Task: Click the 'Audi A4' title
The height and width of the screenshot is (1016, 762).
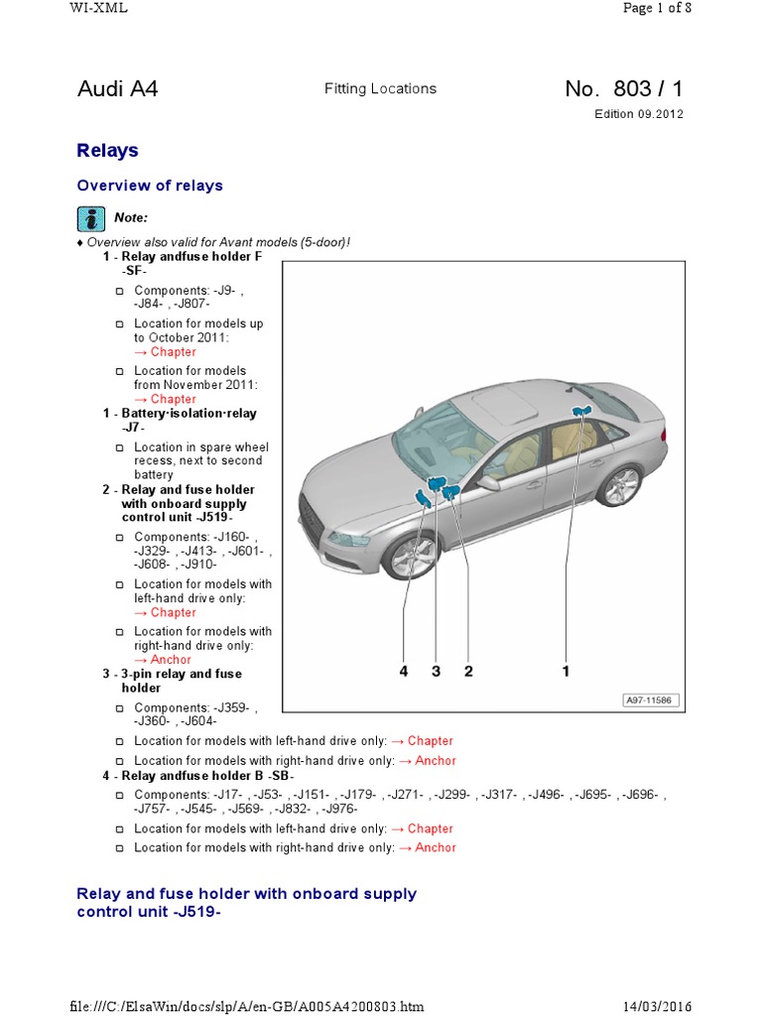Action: pyautogui.click(x=117, y=89)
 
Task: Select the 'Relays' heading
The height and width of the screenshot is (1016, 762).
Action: pyautogui.click(x=107, y=151)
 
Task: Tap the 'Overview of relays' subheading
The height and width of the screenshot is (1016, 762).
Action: pyautogui.click(x=150, y=186)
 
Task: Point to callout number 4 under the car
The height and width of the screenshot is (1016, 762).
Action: pyautogui.click(x=404, y=672)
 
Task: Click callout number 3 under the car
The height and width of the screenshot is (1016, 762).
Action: pyautogui.click(x=436, y=672)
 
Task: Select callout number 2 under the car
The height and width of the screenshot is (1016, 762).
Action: pyautogui.click(x=468, y=672)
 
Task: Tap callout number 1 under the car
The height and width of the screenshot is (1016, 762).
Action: pyautogui.click(x=567, y=672)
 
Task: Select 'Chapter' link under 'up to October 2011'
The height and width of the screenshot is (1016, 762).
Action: pyautogui.click(x=173, y=352)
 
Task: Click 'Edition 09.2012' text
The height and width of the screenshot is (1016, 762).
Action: pyautogui.click(x=638, y=114)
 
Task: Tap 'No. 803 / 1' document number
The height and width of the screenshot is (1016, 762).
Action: pyautogui.click(x=623, y=89)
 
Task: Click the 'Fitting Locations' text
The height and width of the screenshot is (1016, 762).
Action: pyautogui.click(x=380, y=89)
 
